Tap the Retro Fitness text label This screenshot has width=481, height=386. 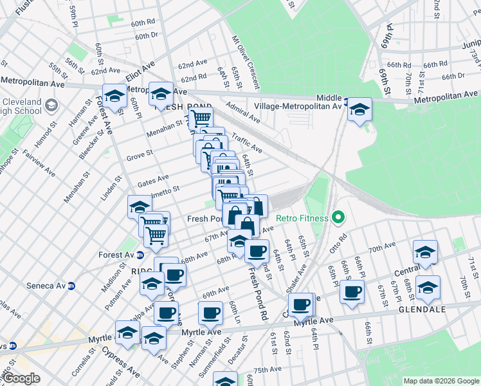tap(302, 219)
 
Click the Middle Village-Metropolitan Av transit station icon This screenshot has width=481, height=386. tap(347, 102)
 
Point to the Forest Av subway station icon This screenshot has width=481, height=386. tap(140, 255)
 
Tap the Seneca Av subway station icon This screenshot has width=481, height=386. tap(72, 286)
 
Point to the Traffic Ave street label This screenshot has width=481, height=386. tap(248, 143)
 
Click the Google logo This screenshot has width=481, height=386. tap(21, 378)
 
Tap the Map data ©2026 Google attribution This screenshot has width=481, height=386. tap(442, 381)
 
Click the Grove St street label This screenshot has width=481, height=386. tap(139, 154)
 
